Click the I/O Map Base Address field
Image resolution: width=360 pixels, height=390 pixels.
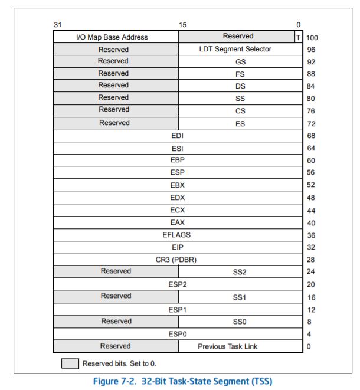[x=112, y=37]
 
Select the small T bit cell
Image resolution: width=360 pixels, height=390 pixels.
[x=298, y=37]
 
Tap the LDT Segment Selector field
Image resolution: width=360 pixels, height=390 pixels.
[x=235, y=49]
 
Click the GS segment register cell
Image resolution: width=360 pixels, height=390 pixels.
[x=240, y=61]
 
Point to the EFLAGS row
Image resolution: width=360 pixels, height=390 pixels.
[x=176, y=235]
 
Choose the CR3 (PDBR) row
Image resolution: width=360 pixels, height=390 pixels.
[x=176, y=259]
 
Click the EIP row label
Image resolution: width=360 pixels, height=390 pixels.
[x=176, y=247]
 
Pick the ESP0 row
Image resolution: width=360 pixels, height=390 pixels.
[x=177, y=333]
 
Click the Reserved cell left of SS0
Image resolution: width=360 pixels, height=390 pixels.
[x=116, y=321]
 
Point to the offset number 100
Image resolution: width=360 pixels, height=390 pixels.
[x=312, y=38]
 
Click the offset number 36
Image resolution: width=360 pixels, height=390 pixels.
[x=311, y=235]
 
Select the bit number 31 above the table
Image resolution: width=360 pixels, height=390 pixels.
[x=57, y=24]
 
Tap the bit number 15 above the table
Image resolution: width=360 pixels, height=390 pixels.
[x=183, y=24]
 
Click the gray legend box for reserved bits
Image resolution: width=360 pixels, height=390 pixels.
[x=70, y=363]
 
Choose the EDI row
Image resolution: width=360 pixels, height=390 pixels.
[x=177, y=136]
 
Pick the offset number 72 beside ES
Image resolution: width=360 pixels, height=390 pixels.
[x=311, y=123]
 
